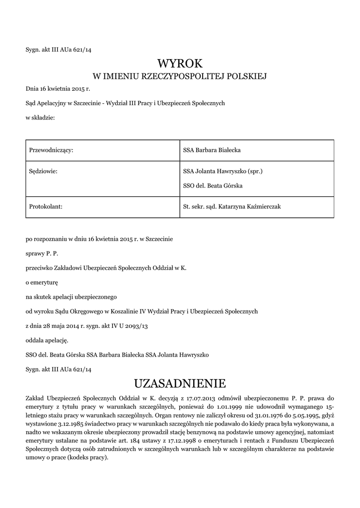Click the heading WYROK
click(x=180, y=63)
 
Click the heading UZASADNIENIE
click(x=180, y=383)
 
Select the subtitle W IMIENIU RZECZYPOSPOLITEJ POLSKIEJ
click(x=180, y=76)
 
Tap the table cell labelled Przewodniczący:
click(x=52, y=150)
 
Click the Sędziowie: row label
click(x=44, y=172)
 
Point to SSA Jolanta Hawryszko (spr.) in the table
click(x=222, y=172)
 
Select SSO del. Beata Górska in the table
click(x=213, y=186)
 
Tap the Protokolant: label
click(x=46, y=206)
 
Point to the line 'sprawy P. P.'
click(x=42, y=254)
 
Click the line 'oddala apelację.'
click(x=47, y=340)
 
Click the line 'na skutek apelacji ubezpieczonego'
click(x=71, y=297)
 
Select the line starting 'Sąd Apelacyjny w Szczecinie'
click(x=126, y=103)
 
